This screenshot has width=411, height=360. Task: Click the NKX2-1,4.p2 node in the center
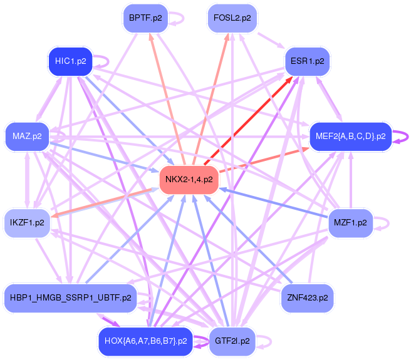tap(189, 180)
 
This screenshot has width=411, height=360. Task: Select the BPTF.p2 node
tap(145, 18)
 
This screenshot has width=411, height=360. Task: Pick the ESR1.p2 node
tap(308, 61)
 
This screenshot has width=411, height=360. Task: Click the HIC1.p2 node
tap(70, 61)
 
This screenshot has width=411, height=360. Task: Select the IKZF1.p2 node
tap(27, 222)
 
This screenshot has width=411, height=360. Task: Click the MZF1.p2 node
tap(350, 222)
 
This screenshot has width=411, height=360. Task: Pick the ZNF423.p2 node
tap(308, 297)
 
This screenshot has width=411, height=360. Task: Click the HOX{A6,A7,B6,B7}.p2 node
tap(145, 341)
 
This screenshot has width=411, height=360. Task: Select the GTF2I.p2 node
tap(232, 341)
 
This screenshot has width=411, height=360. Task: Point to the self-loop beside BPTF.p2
tap(177, 18)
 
